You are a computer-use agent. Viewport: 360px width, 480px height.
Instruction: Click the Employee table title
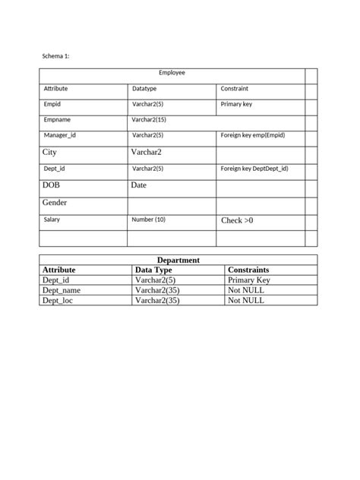[172, 73]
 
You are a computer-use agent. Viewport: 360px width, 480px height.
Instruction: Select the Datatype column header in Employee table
[144, 89]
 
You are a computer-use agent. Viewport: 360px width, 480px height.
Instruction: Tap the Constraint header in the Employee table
[234, 89]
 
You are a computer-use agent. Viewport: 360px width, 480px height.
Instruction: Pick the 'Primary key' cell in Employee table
[236, 104]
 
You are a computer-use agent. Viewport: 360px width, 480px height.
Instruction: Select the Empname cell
[57, 119]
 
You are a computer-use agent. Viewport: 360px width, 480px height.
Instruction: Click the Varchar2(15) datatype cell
[149, 119]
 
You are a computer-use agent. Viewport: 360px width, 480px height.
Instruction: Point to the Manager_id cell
[59, 135]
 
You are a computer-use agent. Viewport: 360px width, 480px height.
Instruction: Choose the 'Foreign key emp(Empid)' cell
[253, 135]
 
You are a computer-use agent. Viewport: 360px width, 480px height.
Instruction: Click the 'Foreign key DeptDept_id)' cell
[254, 169]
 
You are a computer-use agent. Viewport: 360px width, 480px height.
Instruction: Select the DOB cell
[51, 185]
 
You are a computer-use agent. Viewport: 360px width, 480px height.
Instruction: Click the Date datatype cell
[139, 185]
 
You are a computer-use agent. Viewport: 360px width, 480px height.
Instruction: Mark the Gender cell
[55, 203]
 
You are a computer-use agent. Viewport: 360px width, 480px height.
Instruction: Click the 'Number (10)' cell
[148, 219]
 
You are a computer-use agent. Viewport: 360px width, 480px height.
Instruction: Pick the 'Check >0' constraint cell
[237, 220]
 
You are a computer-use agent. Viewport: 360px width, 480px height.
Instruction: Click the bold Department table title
[178, 260]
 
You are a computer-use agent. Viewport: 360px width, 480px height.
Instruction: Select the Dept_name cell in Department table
[62, 289]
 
